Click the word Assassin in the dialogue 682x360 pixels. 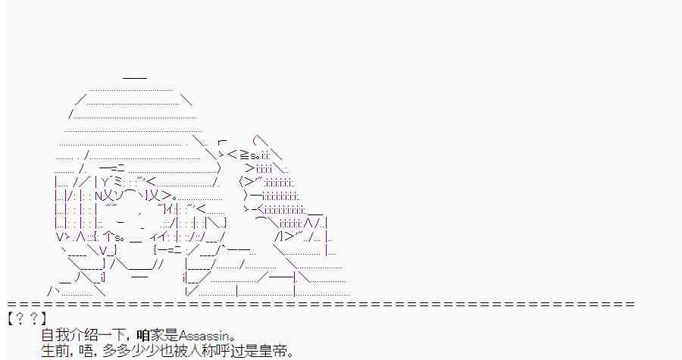203,336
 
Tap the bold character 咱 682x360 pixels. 143,336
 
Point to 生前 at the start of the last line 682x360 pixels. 55,350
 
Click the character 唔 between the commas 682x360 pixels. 86,350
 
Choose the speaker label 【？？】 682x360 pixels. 27,319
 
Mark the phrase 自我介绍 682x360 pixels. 68,336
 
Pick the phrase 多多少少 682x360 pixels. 129,350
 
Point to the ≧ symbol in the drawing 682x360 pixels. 244,155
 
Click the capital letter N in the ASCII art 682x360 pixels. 98,196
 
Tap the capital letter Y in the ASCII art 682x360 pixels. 105,182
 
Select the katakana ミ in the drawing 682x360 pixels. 119,182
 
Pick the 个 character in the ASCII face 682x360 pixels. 108,237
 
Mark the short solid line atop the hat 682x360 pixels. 135,78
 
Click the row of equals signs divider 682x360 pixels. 321,304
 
